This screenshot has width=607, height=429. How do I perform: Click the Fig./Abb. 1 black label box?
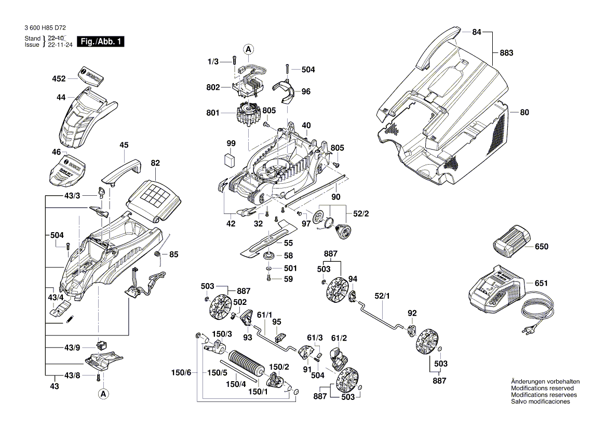(100, 42)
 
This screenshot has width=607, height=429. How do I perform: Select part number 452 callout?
(59, 79)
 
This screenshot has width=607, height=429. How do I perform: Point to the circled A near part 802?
(249, 50)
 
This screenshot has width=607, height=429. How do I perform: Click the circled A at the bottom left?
(103, 394)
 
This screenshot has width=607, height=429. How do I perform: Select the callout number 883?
(506, 53)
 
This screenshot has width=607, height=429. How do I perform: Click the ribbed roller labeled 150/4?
(248, 361)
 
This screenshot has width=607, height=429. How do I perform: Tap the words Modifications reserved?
(542, 388)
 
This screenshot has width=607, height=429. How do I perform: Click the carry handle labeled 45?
(122, 169)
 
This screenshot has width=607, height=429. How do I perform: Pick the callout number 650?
(542, 247)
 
